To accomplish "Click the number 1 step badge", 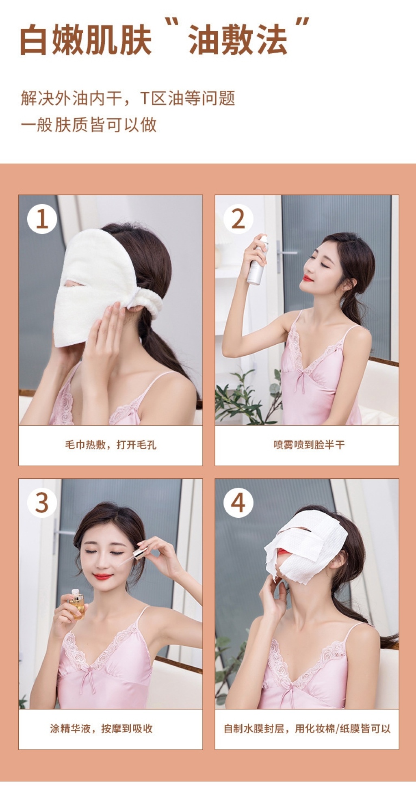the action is coord(42,219).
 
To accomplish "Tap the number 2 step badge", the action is coord(238,219).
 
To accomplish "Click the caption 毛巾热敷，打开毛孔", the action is coord(110,445).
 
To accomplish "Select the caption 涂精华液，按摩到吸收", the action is coord(102,729).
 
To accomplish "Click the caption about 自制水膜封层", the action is coord(307,729).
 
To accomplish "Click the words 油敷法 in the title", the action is coord(238,40).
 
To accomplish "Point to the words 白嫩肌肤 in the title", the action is coord(86,40).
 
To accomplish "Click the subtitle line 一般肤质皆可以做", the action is coord(89,125).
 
